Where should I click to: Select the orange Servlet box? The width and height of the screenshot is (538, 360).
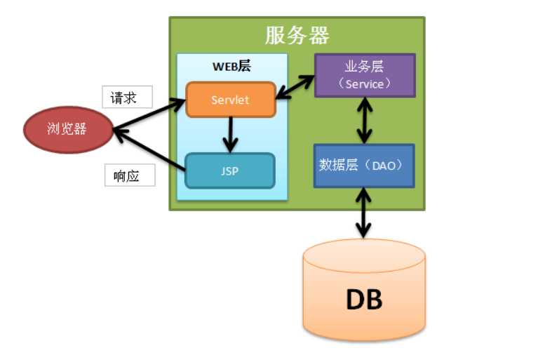coord(230,100)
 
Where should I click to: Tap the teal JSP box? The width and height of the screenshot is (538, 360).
coord(230,171)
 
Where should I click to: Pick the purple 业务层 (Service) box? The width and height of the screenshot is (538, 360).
coord(365,75)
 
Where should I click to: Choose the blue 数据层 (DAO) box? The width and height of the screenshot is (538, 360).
coord(364,166)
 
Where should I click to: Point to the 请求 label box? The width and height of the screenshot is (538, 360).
coord(126,98)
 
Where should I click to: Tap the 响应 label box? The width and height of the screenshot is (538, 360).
coord(130,175)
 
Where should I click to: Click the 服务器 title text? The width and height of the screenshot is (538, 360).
coord(297,35)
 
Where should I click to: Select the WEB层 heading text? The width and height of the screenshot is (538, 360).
coord(231,67)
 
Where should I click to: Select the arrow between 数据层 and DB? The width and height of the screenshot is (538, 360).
coord(363,212)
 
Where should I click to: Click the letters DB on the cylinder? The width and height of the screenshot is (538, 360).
coord(364,300)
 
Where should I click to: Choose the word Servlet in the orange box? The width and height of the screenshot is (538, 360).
coord(230,100)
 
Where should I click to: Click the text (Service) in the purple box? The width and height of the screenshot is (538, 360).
coord(365,84)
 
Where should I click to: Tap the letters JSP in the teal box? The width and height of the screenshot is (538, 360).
coord(230,171)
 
